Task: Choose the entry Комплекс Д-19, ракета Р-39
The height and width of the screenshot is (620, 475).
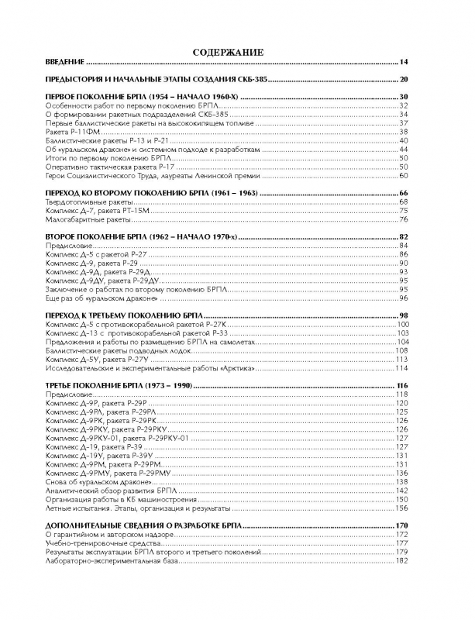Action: tap(93, 447)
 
